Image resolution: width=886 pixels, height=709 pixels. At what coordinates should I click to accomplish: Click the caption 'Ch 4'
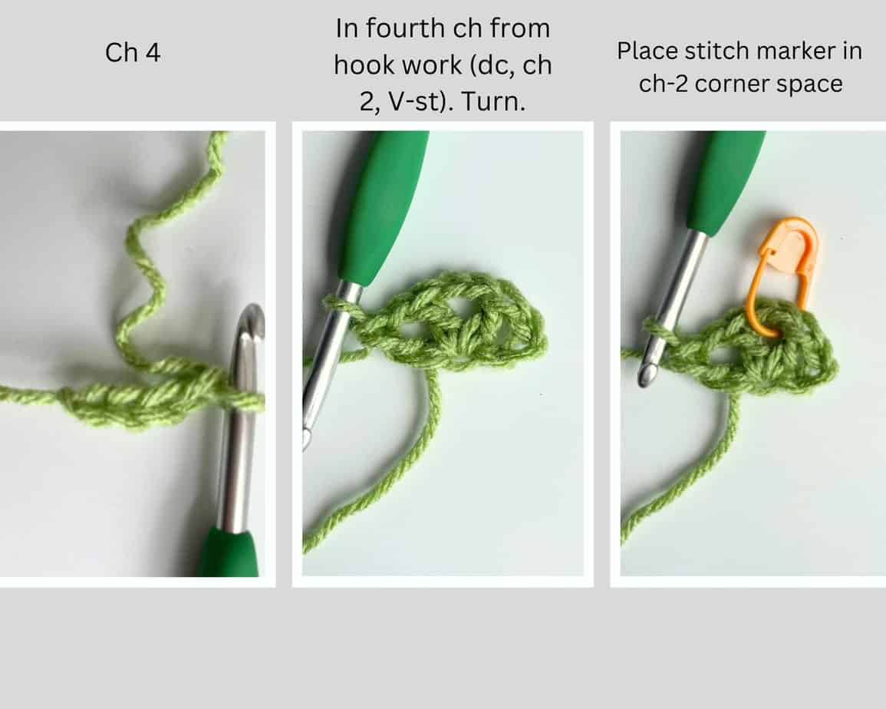pyautogui.click(x=133, y=54)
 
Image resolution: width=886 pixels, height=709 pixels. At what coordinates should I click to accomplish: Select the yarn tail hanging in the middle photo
pyautogui.click(x=399, y=476)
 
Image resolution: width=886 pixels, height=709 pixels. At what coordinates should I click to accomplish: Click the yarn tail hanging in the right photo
pyautogui.click(x=690, y=476)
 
